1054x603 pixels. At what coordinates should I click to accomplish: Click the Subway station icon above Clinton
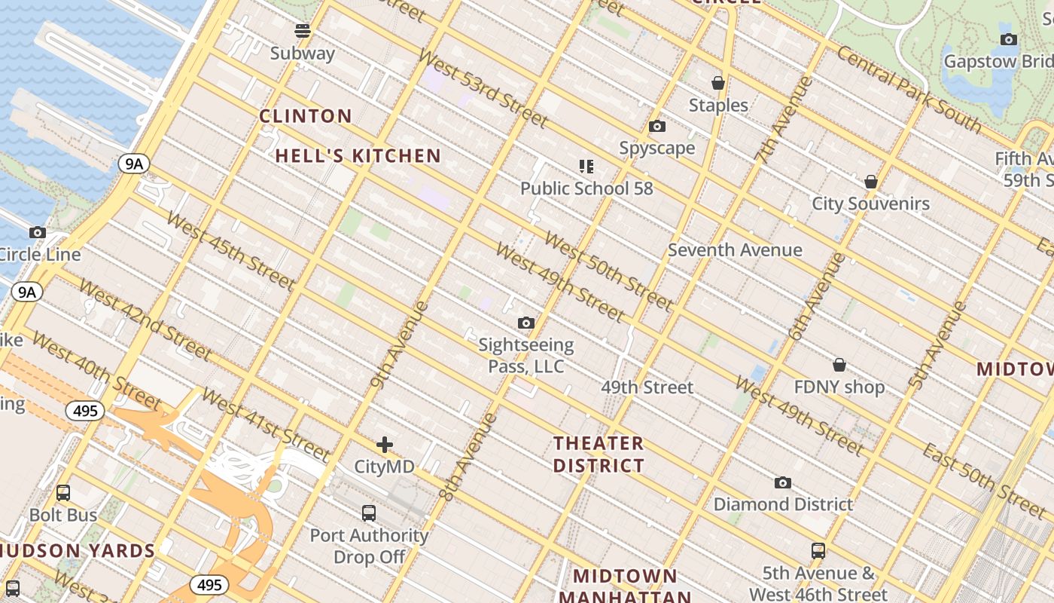(x=303, y=31)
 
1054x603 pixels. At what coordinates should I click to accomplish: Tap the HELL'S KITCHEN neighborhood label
(x=358, y=156)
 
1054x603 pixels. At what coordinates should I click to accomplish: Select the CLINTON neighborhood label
(x=306, y=116)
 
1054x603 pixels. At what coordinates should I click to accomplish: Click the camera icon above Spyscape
(x=657, y=127)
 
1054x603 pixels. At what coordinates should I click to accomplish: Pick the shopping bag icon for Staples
(x=718, y=83)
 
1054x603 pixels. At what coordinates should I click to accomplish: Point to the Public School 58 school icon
(x=586, y=167)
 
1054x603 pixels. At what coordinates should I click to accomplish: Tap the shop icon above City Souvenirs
(x=871, y=182)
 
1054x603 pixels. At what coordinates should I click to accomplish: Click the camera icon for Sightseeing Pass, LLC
(x=526, y=323)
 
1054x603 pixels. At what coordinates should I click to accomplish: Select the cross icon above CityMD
(x=385, y=445)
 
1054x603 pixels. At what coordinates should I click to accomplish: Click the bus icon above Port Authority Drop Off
(x=369, y=513)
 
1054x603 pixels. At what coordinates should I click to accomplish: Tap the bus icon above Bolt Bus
(x=63, y=493)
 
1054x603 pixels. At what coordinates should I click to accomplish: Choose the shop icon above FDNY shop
(x=839, y=366)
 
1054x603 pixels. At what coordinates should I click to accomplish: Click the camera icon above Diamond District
(x=783, y=482)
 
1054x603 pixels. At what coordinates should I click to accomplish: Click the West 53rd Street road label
(x=483, y=89)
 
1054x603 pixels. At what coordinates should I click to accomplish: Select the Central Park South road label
(x=909, y=89)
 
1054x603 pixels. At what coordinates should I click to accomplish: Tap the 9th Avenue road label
(x=399, y=344)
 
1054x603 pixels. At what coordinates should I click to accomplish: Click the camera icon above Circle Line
(x=38, y=233)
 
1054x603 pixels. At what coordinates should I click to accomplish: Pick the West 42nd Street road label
(x=145, y=320)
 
